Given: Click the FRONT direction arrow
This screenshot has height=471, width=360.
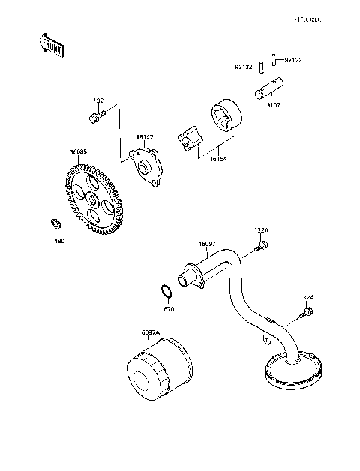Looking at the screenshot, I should (x=51, y=46).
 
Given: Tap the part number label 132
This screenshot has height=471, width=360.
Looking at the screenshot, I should (x=98, y=100).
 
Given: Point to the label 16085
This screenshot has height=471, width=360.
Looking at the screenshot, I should (x=79, y=152).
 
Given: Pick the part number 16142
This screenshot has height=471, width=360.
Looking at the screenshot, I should (x=145, y=137).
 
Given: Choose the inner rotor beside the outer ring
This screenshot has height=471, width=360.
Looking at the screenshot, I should (x=189, y=139).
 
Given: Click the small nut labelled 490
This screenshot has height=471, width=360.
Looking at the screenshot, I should (x=55, y=223).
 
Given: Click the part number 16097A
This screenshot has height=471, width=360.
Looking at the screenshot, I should (x=151, y=332).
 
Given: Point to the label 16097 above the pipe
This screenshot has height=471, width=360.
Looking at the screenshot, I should (x=208, y=244).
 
